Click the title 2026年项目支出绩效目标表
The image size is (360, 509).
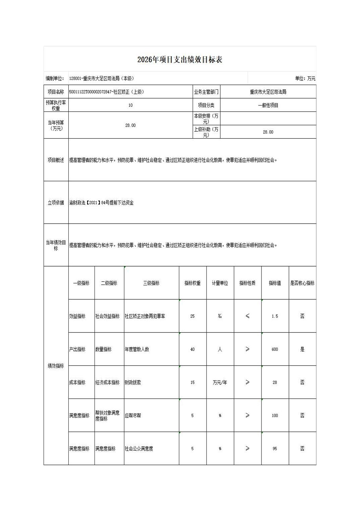tap(180, 60)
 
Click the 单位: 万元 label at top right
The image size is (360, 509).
tap(305, 78)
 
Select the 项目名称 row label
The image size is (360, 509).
tap(56, 92)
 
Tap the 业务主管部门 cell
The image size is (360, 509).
tap(206, 92)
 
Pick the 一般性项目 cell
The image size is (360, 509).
tap(268, 105)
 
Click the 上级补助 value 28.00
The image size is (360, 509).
tap(268, 132)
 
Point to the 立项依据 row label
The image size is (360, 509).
tap(56, 203)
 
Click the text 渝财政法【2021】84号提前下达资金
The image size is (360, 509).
tap(102, 203)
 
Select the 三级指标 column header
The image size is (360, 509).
tap(151, 283)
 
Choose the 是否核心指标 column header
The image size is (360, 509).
tap(302, 283)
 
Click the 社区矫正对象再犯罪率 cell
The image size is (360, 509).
tap(145, 316)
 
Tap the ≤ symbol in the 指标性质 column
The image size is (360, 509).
tap(247, 316)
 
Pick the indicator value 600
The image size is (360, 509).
tap(275, 349)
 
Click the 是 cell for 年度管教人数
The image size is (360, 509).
tap(302, 349)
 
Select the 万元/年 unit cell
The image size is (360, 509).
tap(220, 382)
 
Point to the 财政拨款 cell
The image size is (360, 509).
tap(133, 382)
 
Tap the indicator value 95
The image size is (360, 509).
tap(275, 449)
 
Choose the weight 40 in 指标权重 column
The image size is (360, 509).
tap(192, 349)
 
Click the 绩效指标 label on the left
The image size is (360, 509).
tap(56, 366)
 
